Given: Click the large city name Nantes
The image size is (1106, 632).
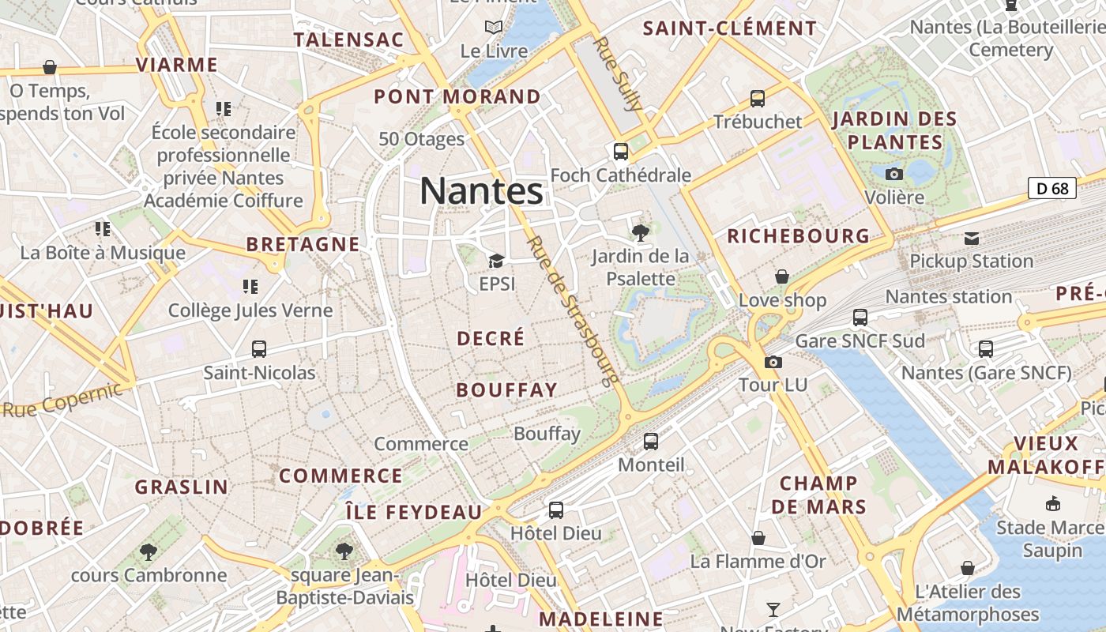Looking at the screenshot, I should click(481, 191).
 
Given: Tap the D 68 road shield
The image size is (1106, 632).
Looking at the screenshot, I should click(1052, 188).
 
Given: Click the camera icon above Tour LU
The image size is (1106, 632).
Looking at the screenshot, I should click(773, 362).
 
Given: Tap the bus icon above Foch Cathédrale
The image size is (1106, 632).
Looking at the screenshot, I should click(621, 151).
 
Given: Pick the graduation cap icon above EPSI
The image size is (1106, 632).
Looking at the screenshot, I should click(496, 261).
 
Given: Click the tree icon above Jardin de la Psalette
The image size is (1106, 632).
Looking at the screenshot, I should click(641, 232).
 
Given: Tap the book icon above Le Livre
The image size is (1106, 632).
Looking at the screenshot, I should click(494, 28).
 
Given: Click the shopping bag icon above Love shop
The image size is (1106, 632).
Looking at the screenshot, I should click(782, 276).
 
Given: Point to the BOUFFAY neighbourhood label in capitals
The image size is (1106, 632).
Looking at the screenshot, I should click(507, 389).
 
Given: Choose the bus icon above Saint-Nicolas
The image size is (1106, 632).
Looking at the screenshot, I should click(259, 348).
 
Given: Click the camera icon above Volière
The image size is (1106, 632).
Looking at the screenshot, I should click(894, 174).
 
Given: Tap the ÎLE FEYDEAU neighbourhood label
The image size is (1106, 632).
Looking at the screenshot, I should click(414, 512).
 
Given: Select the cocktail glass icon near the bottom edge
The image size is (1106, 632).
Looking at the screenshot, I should click(773, 609).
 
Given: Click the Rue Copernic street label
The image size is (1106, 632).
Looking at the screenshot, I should click(63, 399).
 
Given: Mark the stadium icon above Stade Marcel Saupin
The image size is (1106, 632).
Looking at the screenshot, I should click(1052, 503).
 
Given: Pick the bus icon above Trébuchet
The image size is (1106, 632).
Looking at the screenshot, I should click(758, 99).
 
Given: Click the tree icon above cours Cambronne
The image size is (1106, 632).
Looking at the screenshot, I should click(149, 551).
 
